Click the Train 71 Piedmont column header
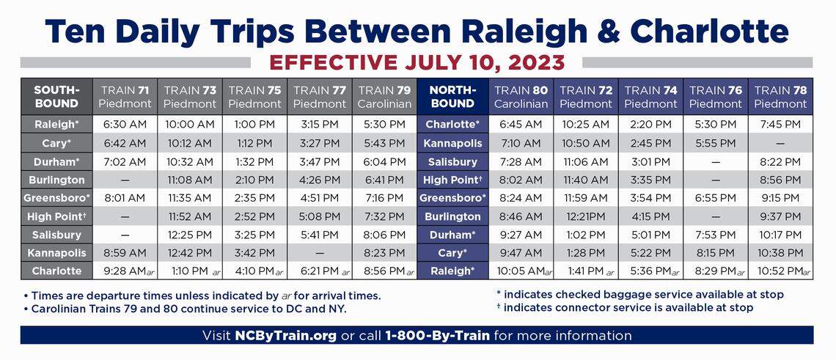(x=125, y=97)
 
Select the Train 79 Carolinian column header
(x=384, y=97)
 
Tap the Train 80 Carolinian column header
(x=521, y=97)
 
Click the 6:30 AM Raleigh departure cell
(x=125, y=125)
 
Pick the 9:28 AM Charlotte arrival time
(x=125, y=271)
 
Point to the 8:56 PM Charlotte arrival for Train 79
(x=384, y=271)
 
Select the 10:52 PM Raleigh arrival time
(x=780, y=271)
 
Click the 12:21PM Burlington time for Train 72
(x=585, y=216)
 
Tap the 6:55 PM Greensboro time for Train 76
(x=716, y=198)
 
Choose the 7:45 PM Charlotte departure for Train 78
(x=780, y=125)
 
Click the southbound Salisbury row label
(x=56, y=235)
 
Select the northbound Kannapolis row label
(x=452, y=143)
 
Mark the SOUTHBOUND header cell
(x=56, y=97)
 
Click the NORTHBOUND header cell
(x=452, y=97)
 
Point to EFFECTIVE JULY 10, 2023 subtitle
(x=418, y=62)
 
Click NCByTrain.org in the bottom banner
(x=285, y=336)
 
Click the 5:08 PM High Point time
(x=320, y=216)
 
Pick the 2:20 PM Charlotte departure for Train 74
(x=650, y=125)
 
